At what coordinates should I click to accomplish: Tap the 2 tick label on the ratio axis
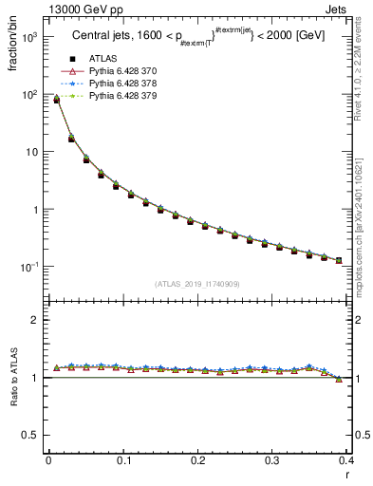click(36, 320)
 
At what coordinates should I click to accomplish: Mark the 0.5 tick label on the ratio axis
click(31, 435)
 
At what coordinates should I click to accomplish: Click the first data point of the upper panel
click(56, 99)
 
